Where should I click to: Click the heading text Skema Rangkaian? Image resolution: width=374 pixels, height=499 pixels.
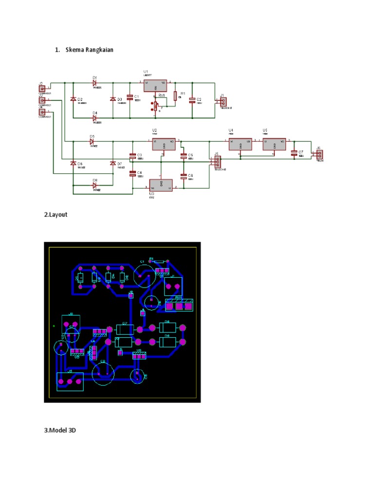[x=90, y=50]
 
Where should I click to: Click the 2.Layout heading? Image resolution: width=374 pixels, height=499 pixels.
[x=56, y=214]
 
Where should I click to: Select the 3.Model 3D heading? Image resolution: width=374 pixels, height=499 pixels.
[x=60, y=430]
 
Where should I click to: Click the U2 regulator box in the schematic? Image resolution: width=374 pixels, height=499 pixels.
[x=165, y=144]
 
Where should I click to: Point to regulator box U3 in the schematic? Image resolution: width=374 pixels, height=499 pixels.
[x=161, y=185]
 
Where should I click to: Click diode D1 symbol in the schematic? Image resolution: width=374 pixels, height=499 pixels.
[x=95, y=83]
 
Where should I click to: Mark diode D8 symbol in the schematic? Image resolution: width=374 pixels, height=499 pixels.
[x=95, y=184]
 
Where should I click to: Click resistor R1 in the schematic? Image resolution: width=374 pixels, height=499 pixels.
[x=175, y=96]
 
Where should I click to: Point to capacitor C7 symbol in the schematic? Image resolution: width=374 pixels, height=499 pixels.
[x=294, y=153]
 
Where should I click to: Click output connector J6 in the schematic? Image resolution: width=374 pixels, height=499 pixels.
[x=319, y=155]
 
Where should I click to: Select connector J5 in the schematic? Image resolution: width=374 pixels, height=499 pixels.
[x=217, y=162]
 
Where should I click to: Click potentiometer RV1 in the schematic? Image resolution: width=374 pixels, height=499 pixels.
[x=156, y=106]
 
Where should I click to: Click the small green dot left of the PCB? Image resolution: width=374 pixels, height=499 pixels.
[x=54, y=325]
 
